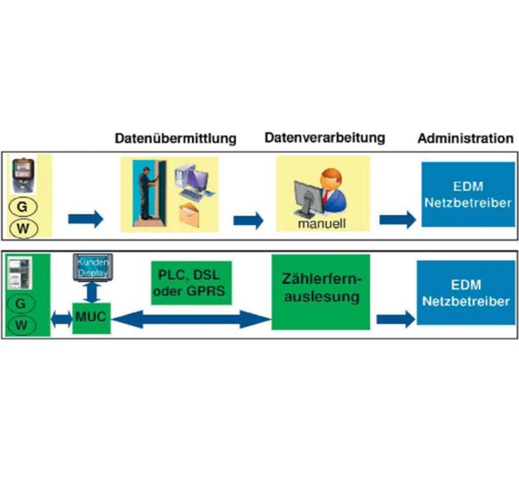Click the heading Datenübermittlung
tap(176, 138)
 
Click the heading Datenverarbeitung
tap(325, 138)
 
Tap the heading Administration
tap(465, 138)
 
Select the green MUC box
tap(92, 318)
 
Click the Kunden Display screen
tap(93, 267)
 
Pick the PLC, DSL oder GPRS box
tap(191, 283)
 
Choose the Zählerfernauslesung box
tap(321, 292)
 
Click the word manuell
tap(322, 224)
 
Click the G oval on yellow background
tap(23, 207)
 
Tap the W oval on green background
tap(21, 326)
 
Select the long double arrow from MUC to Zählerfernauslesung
tap(191, 319)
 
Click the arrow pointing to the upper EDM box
tap(397, 220)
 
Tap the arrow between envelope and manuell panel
tap(248, 220)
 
